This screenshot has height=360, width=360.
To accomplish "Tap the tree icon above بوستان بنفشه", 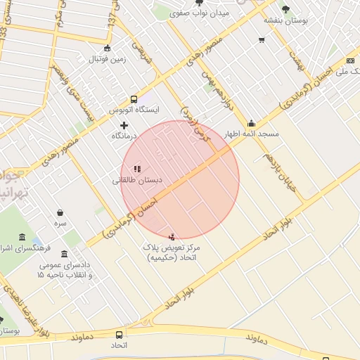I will (x=285, y=9).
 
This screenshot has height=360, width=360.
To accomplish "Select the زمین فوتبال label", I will (x=106, y=59).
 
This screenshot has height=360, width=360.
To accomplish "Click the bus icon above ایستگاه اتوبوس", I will (x=134, y=99).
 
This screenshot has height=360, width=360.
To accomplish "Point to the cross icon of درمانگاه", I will (x=124, y=124).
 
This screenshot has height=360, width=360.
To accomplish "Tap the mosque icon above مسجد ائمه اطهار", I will (x=251, y=123).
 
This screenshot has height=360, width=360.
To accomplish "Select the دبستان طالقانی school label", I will (x=138, y=180).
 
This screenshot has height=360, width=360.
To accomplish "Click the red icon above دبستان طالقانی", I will (x=137, y=169).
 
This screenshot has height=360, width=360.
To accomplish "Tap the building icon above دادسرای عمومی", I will (x=65, y=253).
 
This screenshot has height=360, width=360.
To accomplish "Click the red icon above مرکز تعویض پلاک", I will (x=173, y=236).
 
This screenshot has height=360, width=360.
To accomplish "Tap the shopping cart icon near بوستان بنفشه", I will (x=262, y=40).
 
